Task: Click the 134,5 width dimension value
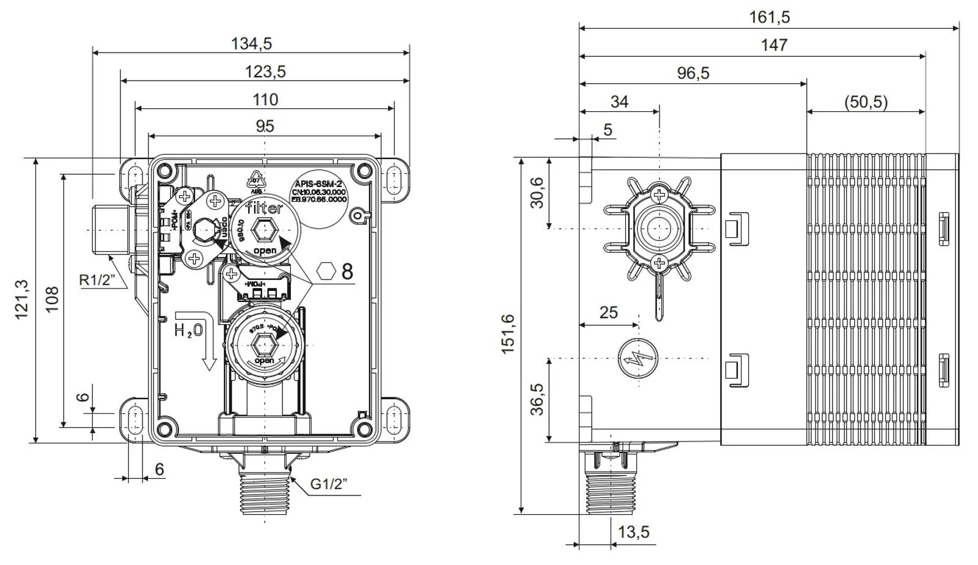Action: click(251, 43)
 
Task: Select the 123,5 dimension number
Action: click(265, 72)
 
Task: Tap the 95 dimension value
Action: click(265, 127)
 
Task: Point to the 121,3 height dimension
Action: click(21, 299)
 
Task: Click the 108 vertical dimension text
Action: click(52, 300)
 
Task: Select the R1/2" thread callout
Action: click(98, 280)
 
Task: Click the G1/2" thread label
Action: click(329, 484)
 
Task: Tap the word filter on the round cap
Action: click(264, 208)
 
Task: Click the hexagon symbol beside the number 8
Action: click(327, 270)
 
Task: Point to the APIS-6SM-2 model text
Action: click(318, 183)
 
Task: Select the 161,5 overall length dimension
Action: click(770, 17)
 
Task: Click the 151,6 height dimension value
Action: click(508, 334)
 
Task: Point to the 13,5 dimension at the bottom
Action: click(633, 532)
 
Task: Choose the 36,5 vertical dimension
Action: click(537, 399)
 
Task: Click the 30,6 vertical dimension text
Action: click(537, 193)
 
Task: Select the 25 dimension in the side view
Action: click(608, 312)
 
